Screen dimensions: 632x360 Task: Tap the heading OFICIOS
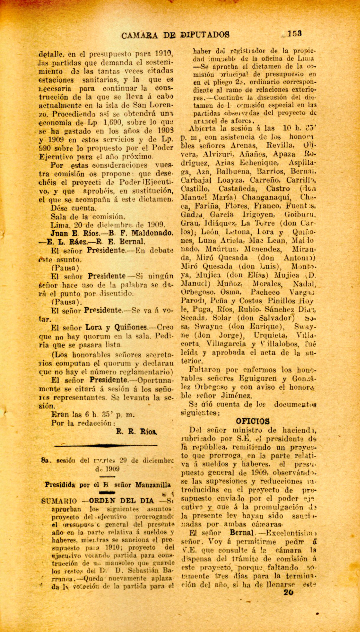(253, 421)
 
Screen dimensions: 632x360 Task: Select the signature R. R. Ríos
(137, 431)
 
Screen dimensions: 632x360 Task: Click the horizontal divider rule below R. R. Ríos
(106, 446)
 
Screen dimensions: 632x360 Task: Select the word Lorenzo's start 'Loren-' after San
(160, 105)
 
